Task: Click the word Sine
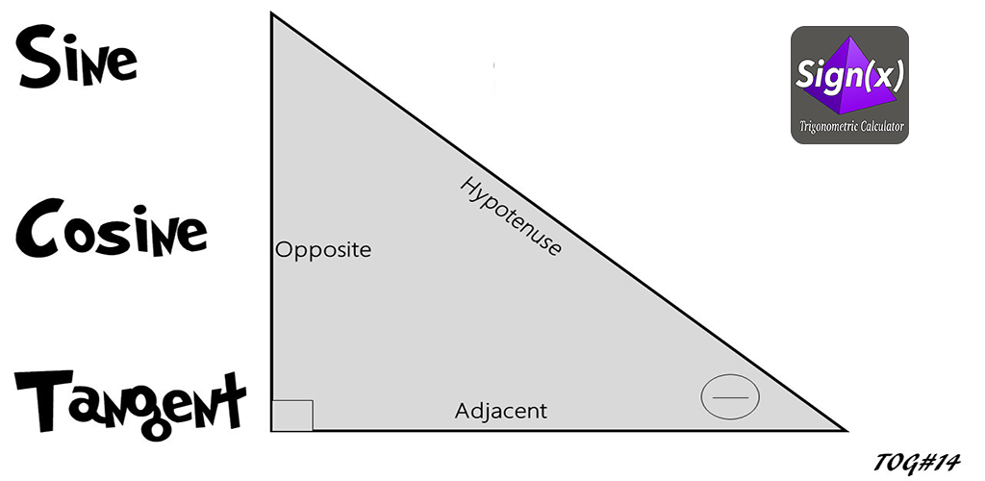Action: pos(77,59)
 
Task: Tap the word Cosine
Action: pos(111,229)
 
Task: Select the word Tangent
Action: pos(130,402)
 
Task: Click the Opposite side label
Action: pos(323,250)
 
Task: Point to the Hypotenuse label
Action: pos(511,215)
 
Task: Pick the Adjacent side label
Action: pos(500,412)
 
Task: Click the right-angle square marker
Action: pos(292,415)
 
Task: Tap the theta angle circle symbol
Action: pos(730,397)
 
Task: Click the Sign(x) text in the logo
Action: pos(849,75)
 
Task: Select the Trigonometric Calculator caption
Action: pos(851,126)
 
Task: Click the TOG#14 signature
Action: pos(917,464)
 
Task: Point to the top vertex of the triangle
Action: pos(271,13)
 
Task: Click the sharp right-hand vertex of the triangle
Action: pos(846,431)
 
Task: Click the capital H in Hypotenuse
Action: pos(469,186)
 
